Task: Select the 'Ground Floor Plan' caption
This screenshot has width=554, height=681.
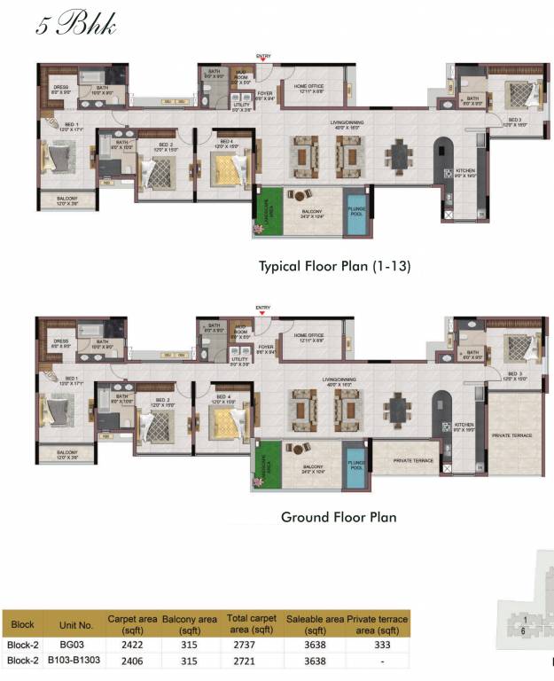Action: pos(338,517)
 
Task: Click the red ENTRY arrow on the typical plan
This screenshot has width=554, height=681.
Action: pos(262,59)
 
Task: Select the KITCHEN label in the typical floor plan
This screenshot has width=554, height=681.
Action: pos(465,172)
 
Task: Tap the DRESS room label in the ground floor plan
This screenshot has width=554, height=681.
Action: pos(60,341)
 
